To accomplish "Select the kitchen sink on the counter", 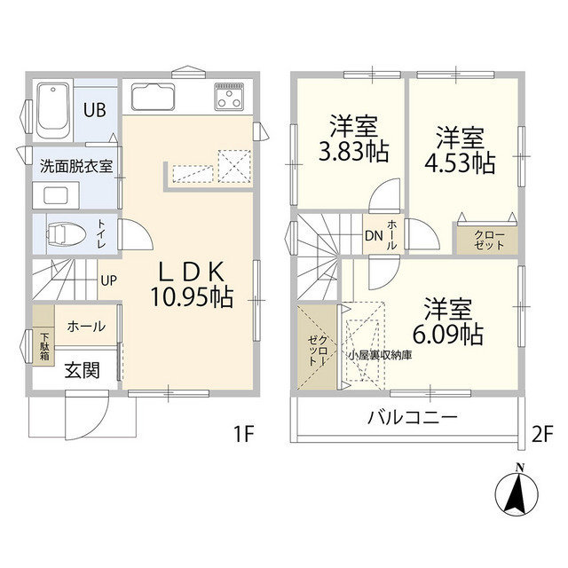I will tap(154, 96).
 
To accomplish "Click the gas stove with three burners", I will tap(229, 96).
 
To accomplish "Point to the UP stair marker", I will tap(108, 280).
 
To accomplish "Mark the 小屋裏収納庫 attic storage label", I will tap(379, 355).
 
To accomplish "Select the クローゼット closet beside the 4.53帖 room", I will tap(484, 240).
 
